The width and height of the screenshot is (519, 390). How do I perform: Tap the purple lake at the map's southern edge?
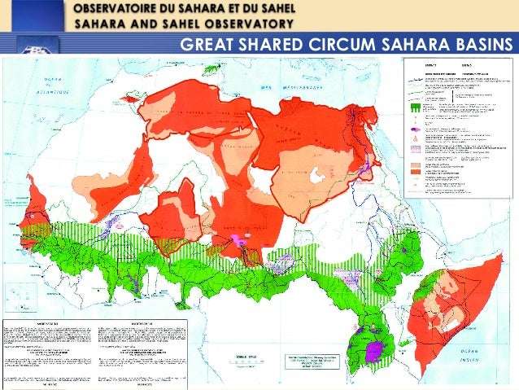375,352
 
